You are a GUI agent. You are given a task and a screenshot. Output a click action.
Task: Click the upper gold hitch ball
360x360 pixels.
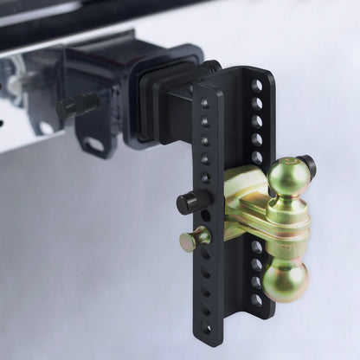[289, 176]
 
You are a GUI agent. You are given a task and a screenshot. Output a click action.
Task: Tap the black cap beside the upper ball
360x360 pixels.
[307, 164]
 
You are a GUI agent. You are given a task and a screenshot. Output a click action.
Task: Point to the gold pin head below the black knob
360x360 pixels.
[192, 240]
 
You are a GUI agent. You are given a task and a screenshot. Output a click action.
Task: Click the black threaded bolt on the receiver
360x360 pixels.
[77, 106]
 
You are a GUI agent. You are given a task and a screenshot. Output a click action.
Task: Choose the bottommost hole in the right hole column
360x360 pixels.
[256, 299]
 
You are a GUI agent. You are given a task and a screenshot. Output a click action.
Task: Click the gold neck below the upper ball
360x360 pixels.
[289, 208]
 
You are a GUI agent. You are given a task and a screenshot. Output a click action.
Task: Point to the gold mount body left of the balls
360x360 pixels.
[242, 203]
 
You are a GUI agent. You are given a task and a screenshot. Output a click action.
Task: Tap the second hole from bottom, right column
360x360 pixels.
[256, 282]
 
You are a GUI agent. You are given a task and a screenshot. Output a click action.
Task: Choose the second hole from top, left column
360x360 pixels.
[203, 121]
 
